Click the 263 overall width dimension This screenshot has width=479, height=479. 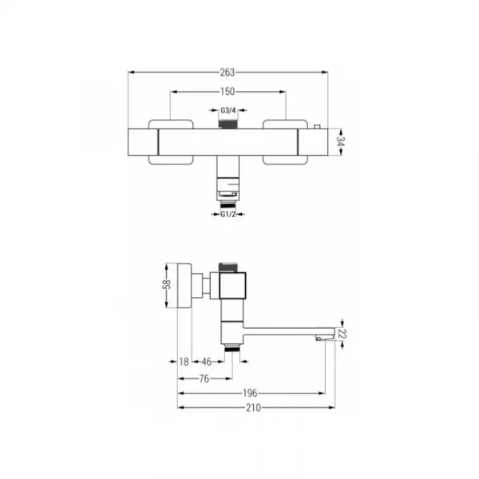pos(228,73)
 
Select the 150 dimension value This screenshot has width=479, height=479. pos(228,91)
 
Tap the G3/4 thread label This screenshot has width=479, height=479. pos(228,110)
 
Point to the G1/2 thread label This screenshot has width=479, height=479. pos(228,215)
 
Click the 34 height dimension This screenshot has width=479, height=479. pos(340,142)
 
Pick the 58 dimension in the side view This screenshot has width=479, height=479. pos(167,284)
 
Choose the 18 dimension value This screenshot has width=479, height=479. pos(184,362)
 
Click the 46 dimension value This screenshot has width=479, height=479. pos(207,362)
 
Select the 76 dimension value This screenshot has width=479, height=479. pos(204,378)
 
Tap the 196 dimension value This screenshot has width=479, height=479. pos(250,393)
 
